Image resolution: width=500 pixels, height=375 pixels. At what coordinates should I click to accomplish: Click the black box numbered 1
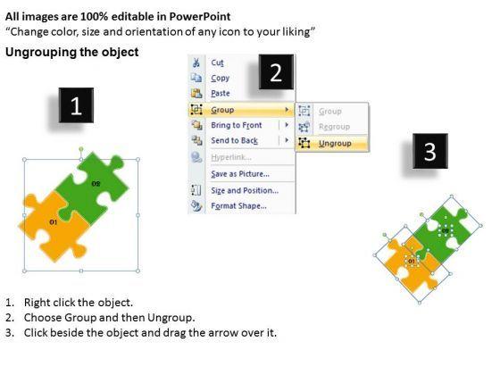click(76, 105)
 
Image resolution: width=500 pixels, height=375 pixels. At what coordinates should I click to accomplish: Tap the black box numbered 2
click(276, 71)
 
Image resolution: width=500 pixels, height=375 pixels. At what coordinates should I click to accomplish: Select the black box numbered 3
click(430, 151)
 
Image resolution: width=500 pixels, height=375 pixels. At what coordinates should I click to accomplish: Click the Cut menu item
click(218, 62)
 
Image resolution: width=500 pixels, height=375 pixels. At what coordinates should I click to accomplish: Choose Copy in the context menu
click(220, 79)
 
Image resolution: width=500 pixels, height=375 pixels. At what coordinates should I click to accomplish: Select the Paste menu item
click(221, 94)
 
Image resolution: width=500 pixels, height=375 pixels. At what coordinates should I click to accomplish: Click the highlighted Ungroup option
click(335, 144)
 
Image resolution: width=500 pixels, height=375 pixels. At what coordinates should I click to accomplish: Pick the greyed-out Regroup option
click(334, 127)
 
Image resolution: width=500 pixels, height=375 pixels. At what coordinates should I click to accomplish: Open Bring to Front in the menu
click(237, 125)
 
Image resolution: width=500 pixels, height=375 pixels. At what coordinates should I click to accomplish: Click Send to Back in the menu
click(234, 141)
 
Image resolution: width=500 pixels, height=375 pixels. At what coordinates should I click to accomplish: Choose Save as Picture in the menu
click(240, 174)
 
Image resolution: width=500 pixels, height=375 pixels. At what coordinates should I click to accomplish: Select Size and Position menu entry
click(245, 190)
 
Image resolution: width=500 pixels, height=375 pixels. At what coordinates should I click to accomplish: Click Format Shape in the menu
click(239, 206)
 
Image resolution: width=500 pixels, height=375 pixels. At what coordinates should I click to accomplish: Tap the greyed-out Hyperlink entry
click(231, 157)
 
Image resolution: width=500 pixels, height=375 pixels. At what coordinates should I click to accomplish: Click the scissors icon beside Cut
click(196, 62)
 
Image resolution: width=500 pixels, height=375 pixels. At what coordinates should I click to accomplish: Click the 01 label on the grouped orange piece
click(54, 221)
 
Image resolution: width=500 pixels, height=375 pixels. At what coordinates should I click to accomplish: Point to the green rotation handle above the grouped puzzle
click(81, 149)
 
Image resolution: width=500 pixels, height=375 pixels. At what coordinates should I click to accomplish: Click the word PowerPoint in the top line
click(200, 17)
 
